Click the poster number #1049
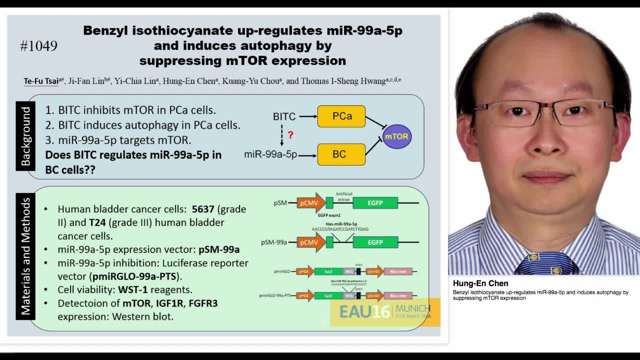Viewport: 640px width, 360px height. click(x=38, y=46)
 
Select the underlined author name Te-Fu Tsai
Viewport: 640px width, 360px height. click(x=41, y=81)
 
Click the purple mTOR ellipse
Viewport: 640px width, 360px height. click(x=396, y=136)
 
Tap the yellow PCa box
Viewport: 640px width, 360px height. click(x=341, y=116)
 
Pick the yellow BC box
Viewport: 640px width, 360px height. click(x=340, y=154)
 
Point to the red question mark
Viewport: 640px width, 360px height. click(x=290, y=135)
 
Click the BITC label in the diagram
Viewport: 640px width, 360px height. click(x=284, y=116)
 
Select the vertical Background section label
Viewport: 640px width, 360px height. click(x=25, y=136)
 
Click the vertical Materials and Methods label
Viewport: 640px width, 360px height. click(x=25, y=256)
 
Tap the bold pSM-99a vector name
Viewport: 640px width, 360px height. click(x=218, y=249)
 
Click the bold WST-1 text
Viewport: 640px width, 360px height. click(x=132, y=289)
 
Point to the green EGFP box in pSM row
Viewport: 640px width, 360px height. click(x=375, y=202)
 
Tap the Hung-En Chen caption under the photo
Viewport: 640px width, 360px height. click(x=480, y=283)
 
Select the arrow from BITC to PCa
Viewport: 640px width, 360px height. click(x=307, y=116)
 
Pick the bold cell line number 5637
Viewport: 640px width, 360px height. click(x=203, y=209)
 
